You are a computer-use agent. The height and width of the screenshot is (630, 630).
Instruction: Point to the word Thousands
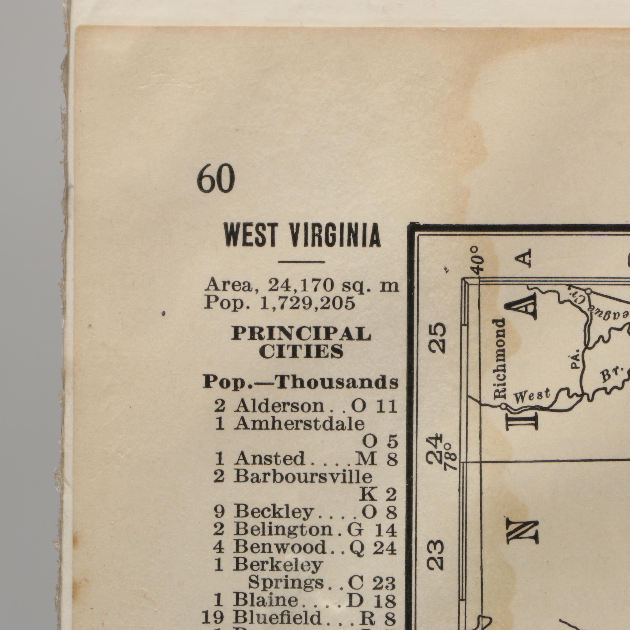pyautogui.click(x=337, y=382)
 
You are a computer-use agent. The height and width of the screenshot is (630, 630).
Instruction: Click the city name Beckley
pyautogui.click(x=273, y=512)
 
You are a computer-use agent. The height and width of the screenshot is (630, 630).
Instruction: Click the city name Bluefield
pyautogui.click(x=278, y=617)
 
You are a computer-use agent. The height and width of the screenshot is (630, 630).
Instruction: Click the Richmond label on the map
pyautogui.click(x=500, y=359)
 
